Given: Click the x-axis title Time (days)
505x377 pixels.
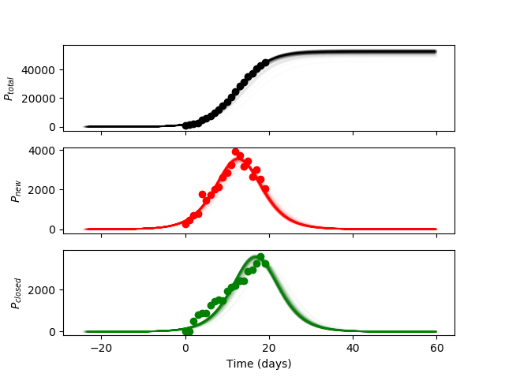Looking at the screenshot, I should (x=259, y=364).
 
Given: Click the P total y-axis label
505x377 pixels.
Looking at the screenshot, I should (x=9, y=88).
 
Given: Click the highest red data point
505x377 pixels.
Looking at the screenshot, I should (x=235, y=152).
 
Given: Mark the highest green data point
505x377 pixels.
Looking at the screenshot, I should (x=260, y=257).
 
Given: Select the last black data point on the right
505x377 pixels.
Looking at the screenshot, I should (x=265, y=62).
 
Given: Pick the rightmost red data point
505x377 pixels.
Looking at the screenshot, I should (x=265, y=188).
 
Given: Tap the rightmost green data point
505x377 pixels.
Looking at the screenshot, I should (x=265, y=263).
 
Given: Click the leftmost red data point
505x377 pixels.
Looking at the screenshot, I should (x=185, y=224).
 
